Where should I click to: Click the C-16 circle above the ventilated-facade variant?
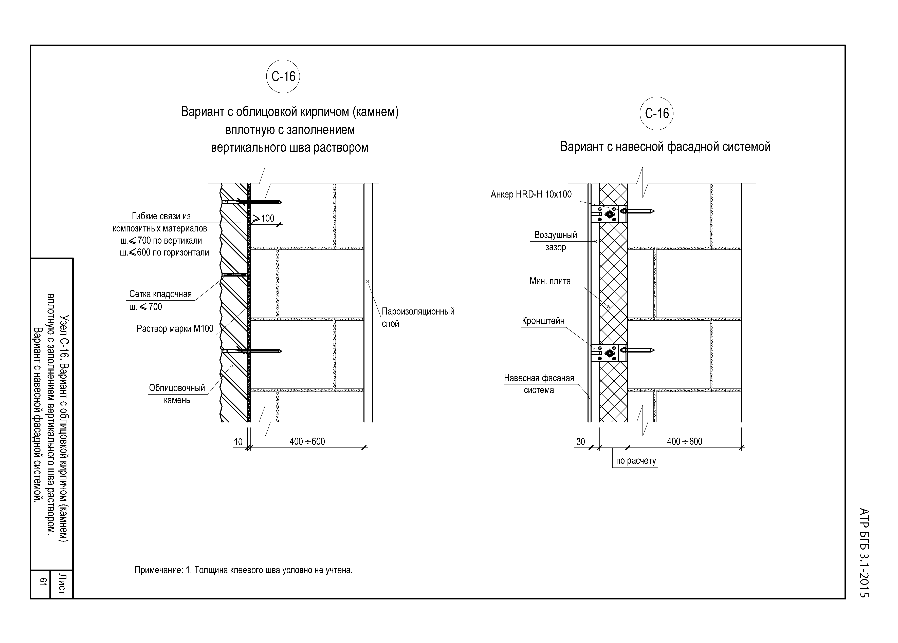click(x=656, y=113)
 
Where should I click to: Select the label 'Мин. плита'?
click(x=550, y=281)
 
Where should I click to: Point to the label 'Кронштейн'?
click(x=543, y=321)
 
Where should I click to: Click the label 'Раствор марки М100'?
click(x=175, y=328)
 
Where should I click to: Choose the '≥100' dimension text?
click(x=263, y=218)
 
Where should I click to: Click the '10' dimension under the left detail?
click(x=238, y=442)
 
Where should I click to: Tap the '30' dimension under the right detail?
click(x=580, y=442)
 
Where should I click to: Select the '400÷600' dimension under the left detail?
click(x=307, y=442)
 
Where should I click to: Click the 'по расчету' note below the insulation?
click(x=636, y=461)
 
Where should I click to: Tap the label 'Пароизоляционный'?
click(x=418, y=311)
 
